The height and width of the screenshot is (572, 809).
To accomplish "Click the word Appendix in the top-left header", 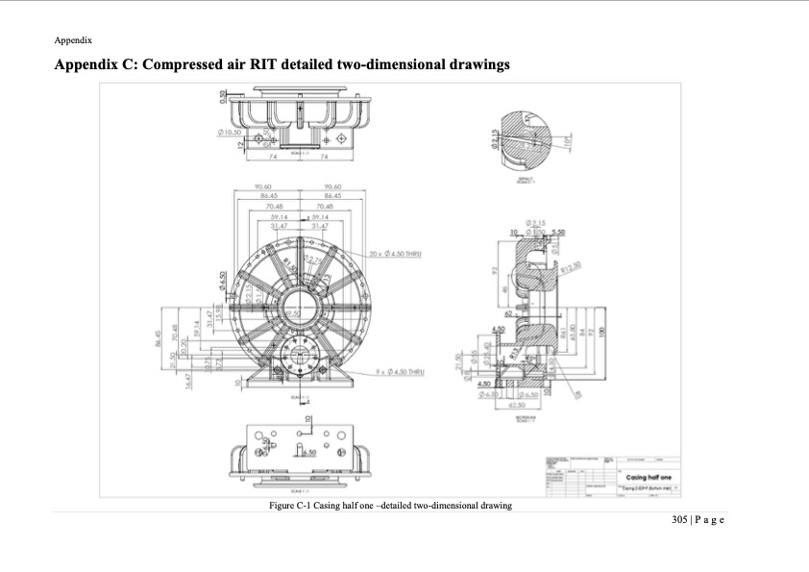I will (x=73, y=40).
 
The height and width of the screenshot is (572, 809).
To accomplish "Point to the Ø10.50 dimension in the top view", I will (x=232, y=131).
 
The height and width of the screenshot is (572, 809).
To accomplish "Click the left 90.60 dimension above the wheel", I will (x=262, y=187).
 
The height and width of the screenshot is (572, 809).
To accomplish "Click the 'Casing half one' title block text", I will (x=649, y=477).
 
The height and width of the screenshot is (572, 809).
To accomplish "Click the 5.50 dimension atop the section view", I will (x=558, y=233).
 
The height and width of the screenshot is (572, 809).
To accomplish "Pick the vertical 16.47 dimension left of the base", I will (x=188, y=382).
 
